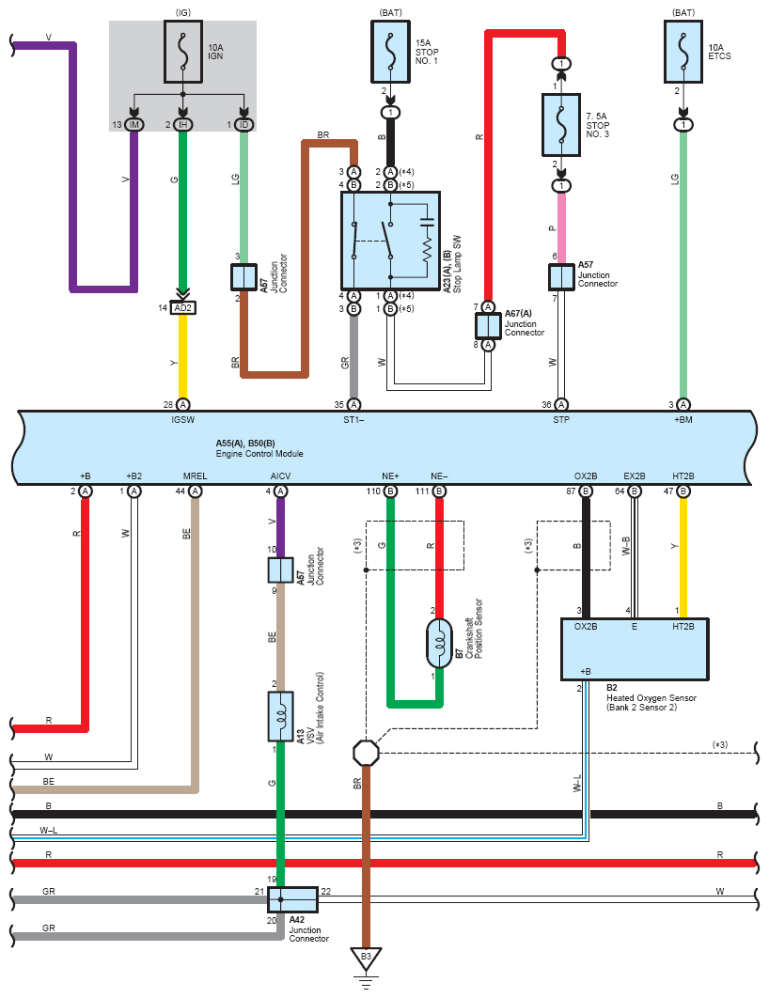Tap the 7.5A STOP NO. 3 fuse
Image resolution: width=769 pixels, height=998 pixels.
[x=560, y=124]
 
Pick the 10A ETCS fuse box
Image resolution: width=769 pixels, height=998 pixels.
[x=683, y=49]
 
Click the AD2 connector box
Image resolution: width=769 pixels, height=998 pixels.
[x=182, y=308]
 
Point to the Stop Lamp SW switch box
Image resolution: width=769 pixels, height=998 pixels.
[x=390, y=241]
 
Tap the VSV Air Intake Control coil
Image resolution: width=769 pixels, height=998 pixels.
[x=280, y=717]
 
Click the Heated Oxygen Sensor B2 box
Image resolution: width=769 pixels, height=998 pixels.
[x=634, y=648]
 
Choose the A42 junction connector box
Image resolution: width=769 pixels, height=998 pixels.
[x=292, y=899]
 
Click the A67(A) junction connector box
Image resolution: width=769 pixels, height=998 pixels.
[x=489, y=325]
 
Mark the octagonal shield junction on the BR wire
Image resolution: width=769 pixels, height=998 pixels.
[x=367, y=753]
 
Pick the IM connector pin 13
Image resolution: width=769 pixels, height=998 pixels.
[x=134, y=125]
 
